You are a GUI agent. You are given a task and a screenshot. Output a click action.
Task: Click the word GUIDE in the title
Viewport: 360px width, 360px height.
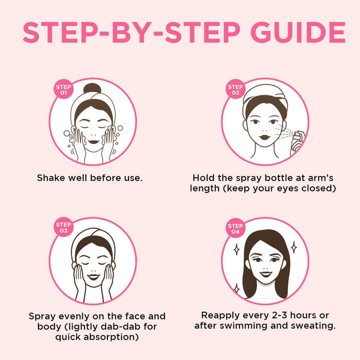point(298,32)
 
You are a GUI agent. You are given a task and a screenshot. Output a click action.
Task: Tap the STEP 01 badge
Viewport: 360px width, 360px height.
point(64,89)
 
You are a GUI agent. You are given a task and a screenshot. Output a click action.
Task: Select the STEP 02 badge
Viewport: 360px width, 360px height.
point(236,89)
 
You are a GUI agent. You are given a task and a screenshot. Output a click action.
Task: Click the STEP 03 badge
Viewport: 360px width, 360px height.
point(64,227)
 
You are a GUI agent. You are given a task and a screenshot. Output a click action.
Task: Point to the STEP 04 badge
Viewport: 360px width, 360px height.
point(236,228)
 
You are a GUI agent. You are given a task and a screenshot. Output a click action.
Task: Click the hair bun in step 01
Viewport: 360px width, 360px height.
point(92,88)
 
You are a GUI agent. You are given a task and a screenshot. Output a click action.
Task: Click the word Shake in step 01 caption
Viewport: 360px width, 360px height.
point(50,178)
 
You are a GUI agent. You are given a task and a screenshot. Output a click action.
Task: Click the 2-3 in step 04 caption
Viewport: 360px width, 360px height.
point(280,316)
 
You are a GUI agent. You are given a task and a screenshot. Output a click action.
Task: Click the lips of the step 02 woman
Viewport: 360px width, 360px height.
point(264,137)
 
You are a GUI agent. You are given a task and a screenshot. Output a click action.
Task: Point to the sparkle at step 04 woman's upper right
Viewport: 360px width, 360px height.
point(294,247)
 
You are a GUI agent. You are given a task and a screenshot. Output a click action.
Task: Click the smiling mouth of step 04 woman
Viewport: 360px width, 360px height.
point(266,274)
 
